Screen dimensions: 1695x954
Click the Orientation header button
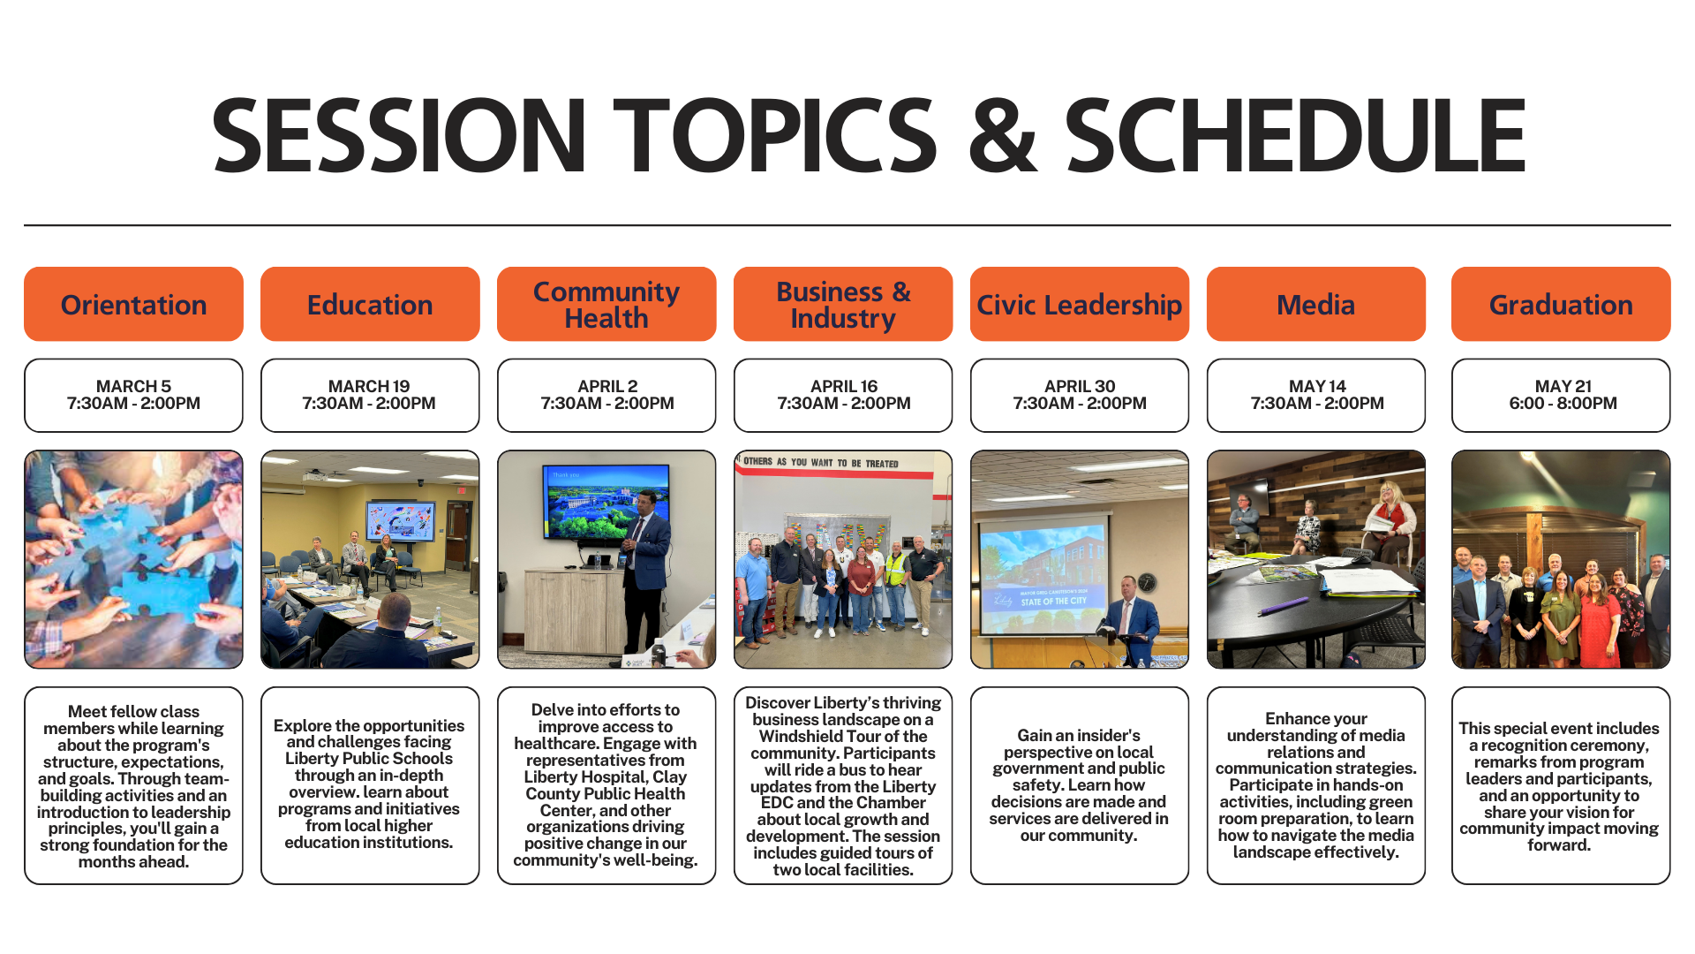pyautogui.click(x=133, y=304)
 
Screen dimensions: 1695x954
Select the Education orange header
pyautogui.click(x=370, y=304)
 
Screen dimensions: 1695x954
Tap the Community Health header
pyautogui.click(x=606, y=304)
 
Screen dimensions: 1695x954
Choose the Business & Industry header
pyautogui.click(x=843, y=304)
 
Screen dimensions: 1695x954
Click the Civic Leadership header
pyautogui.click(x=1080, y=304)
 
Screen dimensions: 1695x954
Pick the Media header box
pyautogui.click(x=1316, y=304)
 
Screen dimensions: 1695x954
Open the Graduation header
pyautogui.click(x=1561, y=304)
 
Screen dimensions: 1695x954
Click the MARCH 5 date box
pyautogui.click(x=133, y=395)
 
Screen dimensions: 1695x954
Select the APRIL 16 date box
pyautogui.click(x=843, y=395)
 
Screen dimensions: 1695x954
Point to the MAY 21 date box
pyautogui.click(x=1561, y=395)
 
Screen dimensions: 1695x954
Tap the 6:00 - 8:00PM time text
pyautogui.click(x=1563, y=404)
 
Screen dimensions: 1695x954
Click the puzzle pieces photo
pyautogui.click(x=133, y=559)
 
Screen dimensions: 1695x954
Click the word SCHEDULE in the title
pyautogui.click(x=1295, y=135)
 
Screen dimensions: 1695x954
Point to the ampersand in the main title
pyautogui.click(x=1002, y=135)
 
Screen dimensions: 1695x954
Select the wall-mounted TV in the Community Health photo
pyautogui.click(x=607, y=502)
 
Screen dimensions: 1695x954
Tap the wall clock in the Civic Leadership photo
pyautogui.click(x=1147, y=582)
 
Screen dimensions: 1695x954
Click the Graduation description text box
pyautogui.click(x=1561, y=785)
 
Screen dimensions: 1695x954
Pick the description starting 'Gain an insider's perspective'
pyautogui.click(x=1080, y=785)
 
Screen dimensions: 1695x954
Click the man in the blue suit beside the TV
pyautogui.click(x=644, y=574)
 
